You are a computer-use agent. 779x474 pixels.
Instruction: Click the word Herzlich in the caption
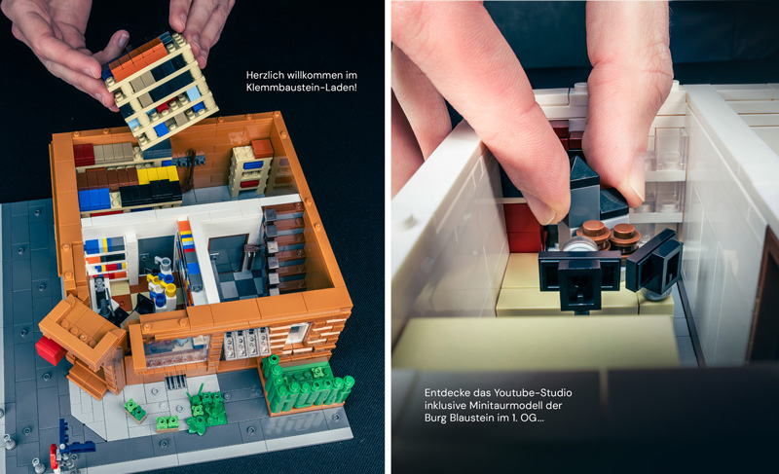[x=264, y=76]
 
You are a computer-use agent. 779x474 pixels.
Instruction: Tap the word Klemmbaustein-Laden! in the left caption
[x=302, y=88]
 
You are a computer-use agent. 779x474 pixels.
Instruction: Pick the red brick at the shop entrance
[x=51, y=348]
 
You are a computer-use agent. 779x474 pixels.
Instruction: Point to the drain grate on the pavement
[x=176, y=382]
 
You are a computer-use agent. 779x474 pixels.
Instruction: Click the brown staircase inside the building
[x=284, y=248]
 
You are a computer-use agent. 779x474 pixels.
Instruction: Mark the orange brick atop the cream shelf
[x=262, y=148]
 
